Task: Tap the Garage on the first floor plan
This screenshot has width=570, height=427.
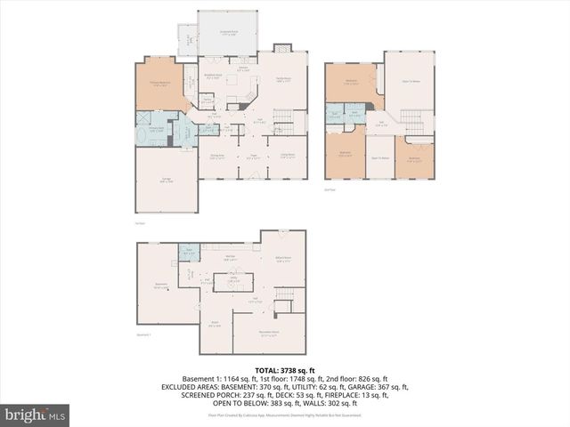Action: coord(167,181)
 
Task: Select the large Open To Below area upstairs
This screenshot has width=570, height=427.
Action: coord(410,82)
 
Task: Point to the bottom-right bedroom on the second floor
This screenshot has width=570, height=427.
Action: coord(414,158)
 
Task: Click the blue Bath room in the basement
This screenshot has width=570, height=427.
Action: coord(188,252)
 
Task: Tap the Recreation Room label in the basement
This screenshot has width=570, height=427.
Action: coord(269,334)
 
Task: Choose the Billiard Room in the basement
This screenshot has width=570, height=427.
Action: coord(284,261)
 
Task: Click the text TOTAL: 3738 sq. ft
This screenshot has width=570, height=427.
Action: coord(285,369)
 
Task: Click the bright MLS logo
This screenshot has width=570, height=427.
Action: coord(36,415)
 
